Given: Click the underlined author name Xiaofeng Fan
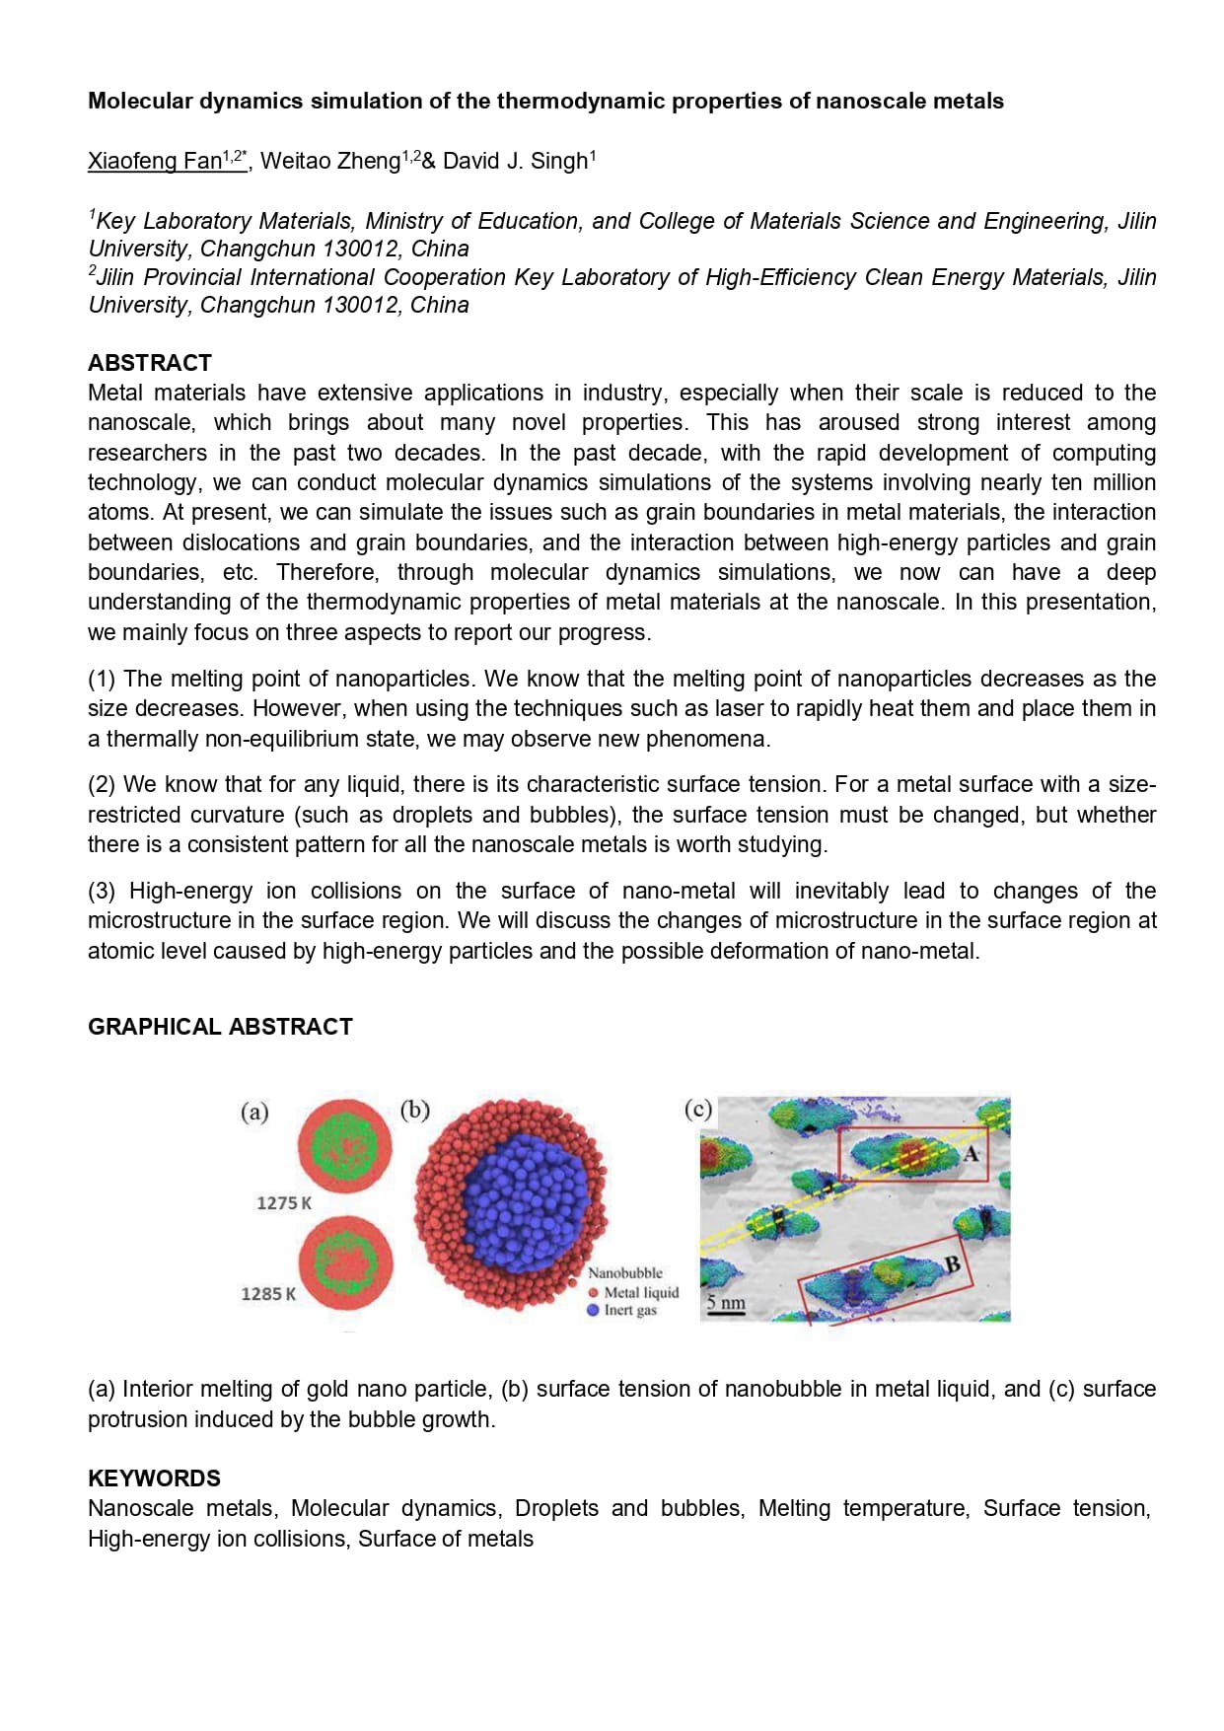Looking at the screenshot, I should [x=154, y=161].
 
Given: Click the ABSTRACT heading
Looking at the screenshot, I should [x=150, y=362].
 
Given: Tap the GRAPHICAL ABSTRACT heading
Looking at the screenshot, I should [x=220, y=1027].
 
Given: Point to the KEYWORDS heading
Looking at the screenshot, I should [x=154, y=1478].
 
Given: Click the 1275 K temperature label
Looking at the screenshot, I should [x=283, y=1203].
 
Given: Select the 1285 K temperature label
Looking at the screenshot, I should [x=268, y=1294].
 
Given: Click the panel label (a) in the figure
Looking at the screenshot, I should [x=254, y=1113].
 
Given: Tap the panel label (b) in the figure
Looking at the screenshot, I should [x=415, y=1110].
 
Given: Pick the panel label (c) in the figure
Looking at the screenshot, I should [x=697, y=1109].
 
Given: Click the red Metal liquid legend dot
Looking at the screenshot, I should [x=593, y=1292].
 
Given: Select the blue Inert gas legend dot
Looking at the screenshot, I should [x=593, y=1310].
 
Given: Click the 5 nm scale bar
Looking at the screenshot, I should [x=726, y=1305].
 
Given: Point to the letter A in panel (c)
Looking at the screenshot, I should [x=971, y=1153].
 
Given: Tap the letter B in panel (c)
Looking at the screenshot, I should [x=953, y=1263].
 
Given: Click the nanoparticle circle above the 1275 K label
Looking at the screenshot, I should [x=344, y=1147].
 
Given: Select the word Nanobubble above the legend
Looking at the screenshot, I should [x=625, y=1273].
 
